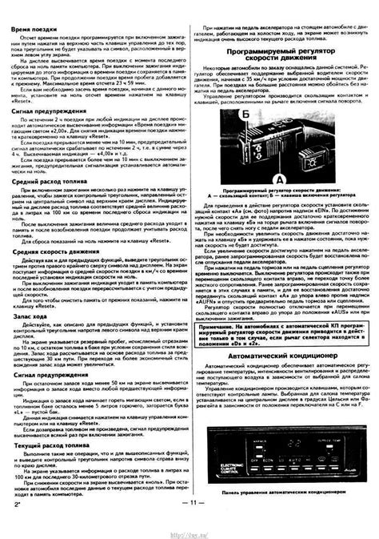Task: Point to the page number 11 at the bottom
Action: (189, 524)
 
